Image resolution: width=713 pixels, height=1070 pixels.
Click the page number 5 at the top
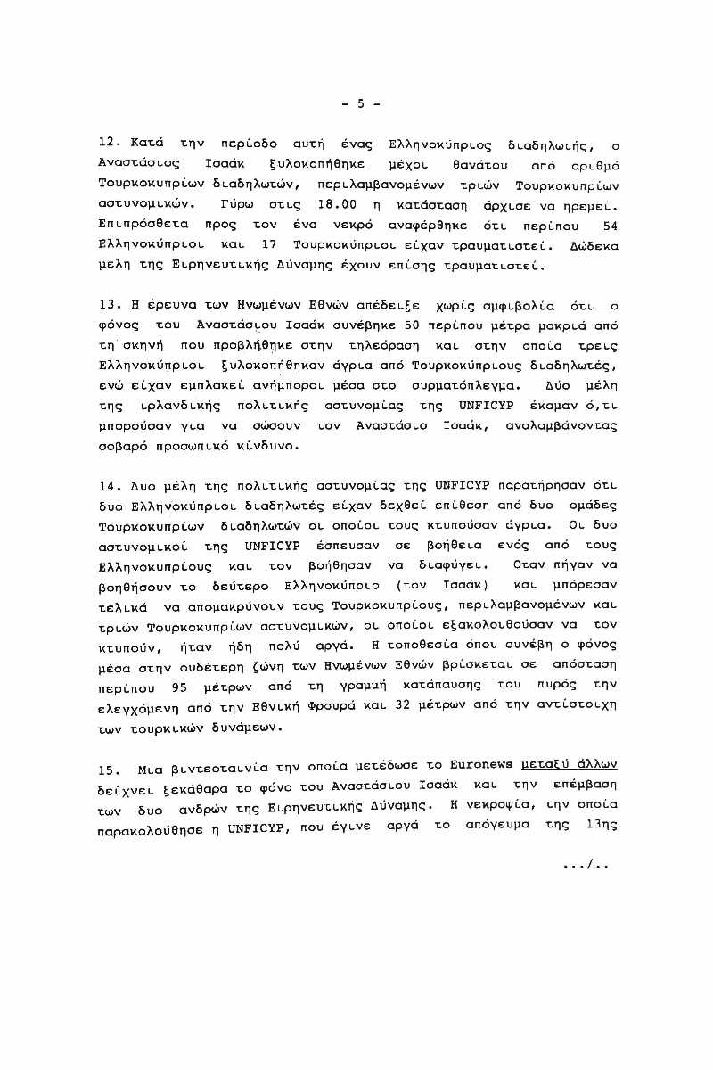tap(361, 103)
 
